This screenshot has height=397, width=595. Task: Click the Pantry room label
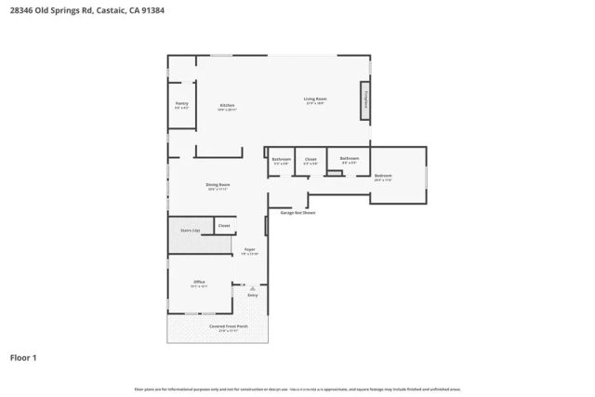[x=181, y=105]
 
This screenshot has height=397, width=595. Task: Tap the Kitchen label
[x=227, y=106]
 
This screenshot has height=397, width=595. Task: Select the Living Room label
[x=315, y=100]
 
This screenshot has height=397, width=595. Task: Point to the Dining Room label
[x=218, y=186]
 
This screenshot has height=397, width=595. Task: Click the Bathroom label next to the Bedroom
[x=350, y=160]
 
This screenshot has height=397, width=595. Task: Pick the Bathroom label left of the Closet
[x=281, y=160]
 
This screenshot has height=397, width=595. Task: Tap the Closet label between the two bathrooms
[x=311, y=160]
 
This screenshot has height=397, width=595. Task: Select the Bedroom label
[x=383, y=177]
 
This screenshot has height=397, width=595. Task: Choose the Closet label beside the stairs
[x=223, y=226]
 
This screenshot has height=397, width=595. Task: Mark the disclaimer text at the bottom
[x=297, y=389]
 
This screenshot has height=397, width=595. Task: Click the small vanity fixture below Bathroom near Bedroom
[x=332, y=168]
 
